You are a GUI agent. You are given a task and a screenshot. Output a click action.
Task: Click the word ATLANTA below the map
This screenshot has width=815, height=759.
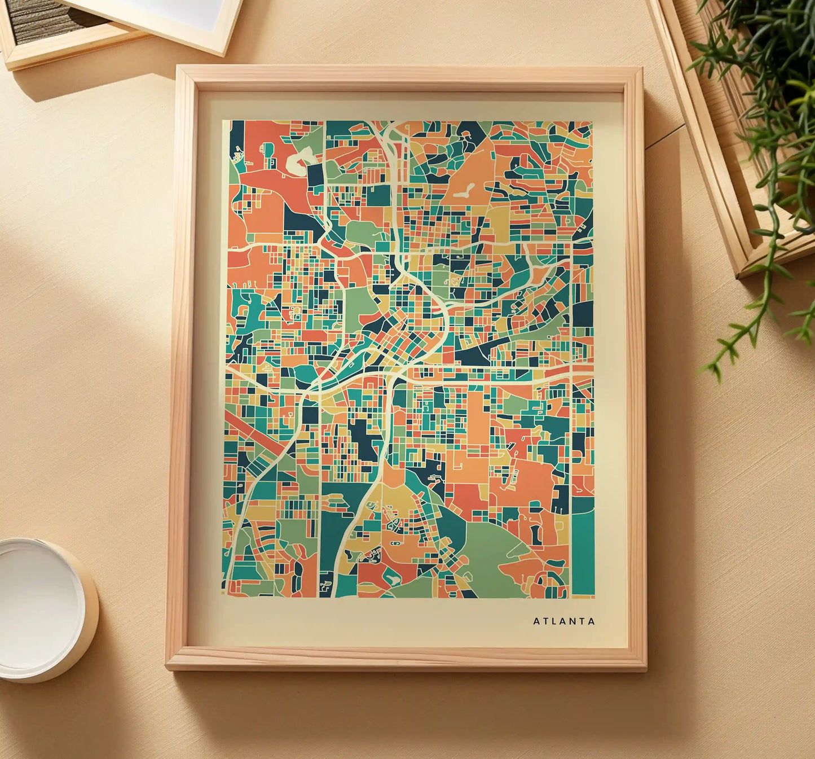pos(563,621)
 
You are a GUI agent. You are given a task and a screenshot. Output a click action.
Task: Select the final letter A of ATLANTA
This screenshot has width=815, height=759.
pos(592,621)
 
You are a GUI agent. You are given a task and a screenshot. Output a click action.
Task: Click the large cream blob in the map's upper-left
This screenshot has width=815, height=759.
pos(297,160)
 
